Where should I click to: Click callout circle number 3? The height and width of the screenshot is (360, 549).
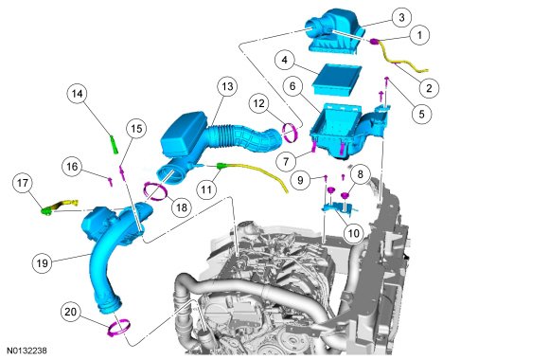(x=401, y=17)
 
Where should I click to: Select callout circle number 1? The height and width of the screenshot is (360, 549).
(x=419, y=35)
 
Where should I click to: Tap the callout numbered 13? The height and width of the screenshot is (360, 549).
(x=227, y=86)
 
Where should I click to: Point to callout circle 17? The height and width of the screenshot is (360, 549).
(x=23, y=183)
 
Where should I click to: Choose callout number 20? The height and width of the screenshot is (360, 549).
(x=70, y=312)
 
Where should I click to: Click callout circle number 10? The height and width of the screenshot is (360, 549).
(x=354, y=233)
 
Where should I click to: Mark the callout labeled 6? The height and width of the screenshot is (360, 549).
(x=292, y=86)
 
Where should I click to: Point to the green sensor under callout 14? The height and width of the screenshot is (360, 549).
(x=115, y=145)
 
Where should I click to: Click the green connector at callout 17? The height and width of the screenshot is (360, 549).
(x=46, y=211)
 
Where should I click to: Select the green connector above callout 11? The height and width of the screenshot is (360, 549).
(x=221, y=165)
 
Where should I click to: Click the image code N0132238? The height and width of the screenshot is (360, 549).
(x=27, y=351)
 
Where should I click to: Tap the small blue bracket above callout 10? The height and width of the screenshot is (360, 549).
(x=339, y=207)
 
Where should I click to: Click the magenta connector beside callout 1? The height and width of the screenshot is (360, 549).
(x=374, y=42)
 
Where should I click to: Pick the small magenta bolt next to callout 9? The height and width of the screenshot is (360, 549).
(x=326, y=178)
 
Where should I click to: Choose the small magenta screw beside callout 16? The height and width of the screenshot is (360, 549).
(x=111, y=181)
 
